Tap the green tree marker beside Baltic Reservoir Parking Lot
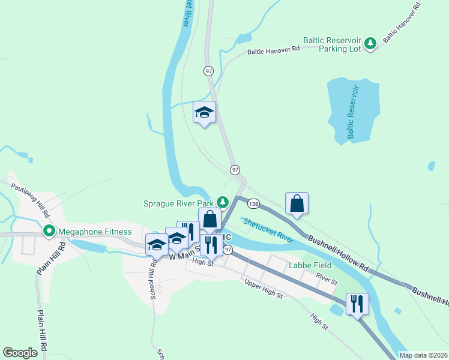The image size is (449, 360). click(372, 43)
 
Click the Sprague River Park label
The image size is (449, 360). click(178, 203)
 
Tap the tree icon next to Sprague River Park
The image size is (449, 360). click(223, 202)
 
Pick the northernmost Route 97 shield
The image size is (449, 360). click(208, 71)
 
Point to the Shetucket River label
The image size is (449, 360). click(268, 230)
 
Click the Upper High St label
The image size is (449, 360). click(263, 290)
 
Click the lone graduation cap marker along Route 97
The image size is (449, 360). click(204, 112)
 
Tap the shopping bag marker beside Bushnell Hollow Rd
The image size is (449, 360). click(297, 203)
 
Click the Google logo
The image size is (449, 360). click(20, 352)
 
